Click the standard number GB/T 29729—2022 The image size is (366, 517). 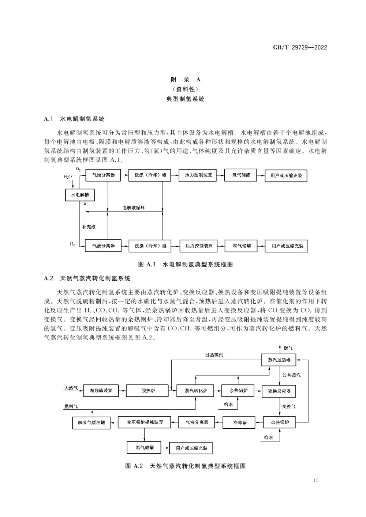coord(300,48)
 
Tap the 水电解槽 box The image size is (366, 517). coord(80,195)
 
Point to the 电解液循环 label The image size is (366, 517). coord(134,208)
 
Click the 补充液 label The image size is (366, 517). coord(89,227)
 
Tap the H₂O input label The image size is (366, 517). coord(68,177)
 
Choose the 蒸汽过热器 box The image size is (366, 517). coord(279,360)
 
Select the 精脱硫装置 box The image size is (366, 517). coord(101,391)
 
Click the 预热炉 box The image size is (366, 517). coord(147,391)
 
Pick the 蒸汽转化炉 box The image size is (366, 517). coord(195,391)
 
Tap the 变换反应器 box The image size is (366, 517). coord(279,391)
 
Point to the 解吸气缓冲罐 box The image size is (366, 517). coord(91,423)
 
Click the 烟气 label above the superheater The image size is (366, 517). coord(288,348)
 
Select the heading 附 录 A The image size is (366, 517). coord(186,80)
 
